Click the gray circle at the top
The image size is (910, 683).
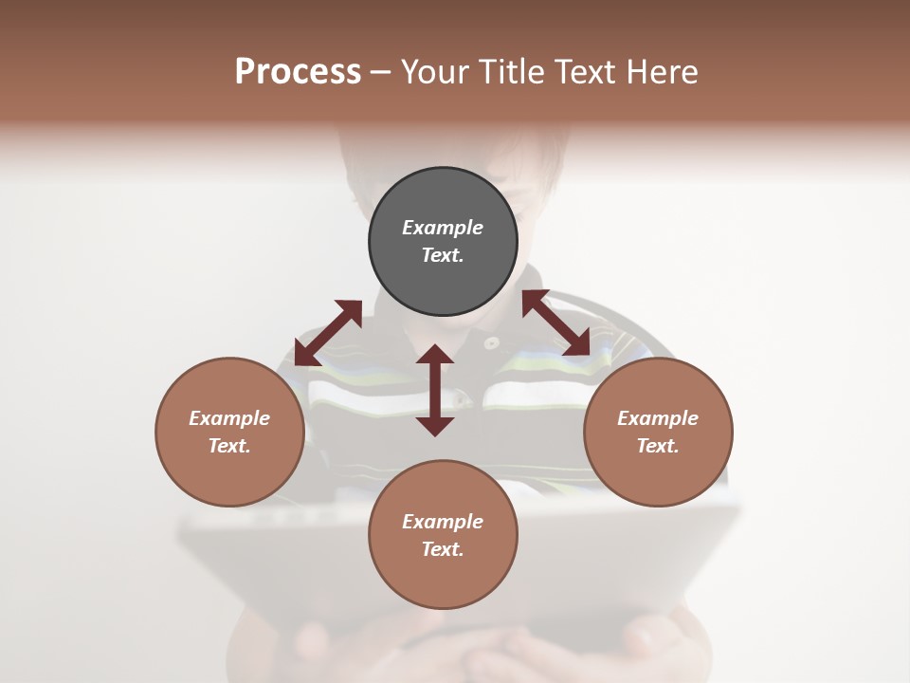(x=443, y=242)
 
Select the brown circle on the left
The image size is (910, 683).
(x=229, y=432)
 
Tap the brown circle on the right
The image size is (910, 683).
(x=658, y=432)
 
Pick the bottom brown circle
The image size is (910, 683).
(x=443, y=535)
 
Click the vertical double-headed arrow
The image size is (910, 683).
(x=435, y=390)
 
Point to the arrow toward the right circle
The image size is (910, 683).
(x=555, y=323)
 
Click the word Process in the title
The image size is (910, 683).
(x=298, y=71)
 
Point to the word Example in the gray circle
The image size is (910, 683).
(x=443, y=228)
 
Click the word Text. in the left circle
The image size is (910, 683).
(x=229, y=446)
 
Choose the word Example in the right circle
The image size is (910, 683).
(x=658, y=418)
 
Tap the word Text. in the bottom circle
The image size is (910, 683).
(x=443, y=549)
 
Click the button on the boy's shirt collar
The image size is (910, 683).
(x=491, y=342)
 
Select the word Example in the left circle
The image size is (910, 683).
(x=229, y=418)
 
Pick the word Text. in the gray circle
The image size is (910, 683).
(x=443, y=255)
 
